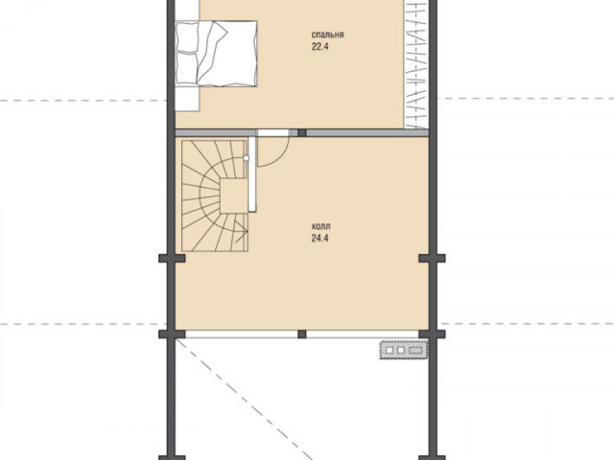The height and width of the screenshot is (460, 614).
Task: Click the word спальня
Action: (x=328, y=34)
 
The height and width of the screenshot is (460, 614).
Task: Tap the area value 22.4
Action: (x=319, y=47)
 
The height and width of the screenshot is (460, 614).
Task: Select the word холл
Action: (x=320, y=226)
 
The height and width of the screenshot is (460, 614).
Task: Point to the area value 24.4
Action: (x=319, y=239)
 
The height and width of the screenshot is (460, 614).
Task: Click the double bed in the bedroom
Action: (x=216, y=54)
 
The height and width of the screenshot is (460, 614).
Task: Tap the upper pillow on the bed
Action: (x=187, y=36)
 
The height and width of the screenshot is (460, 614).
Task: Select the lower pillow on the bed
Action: (x=187, y=68)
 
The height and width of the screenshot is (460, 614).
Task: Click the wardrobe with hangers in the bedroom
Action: (x=416, y=64)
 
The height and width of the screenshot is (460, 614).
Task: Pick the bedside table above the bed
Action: (x=187, y=10)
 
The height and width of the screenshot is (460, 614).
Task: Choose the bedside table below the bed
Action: (x=187, y=99)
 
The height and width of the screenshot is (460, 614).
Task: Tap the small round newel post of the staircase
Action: (x=246, y=158)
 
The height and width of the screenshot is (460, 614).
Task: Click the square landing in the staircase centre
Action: (x=234, y=195)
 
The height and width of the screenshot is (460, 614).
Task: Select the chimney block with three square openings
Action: (x=404, y=350)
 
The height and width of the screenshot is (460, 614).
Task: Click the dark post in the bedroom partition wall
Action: (x=302, y=132)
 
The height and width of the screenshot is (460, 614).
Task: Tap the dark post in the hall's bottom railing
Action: (x=302, y=334)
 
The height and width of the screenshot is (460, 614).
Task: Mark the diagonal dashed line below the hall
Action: (x=245, y=399)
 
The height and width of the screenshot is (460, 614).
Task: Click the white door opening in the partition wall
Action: (x=272, y=132)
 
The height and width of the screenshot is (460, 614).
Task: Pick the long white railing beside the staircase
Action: (x=252, y=172)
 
